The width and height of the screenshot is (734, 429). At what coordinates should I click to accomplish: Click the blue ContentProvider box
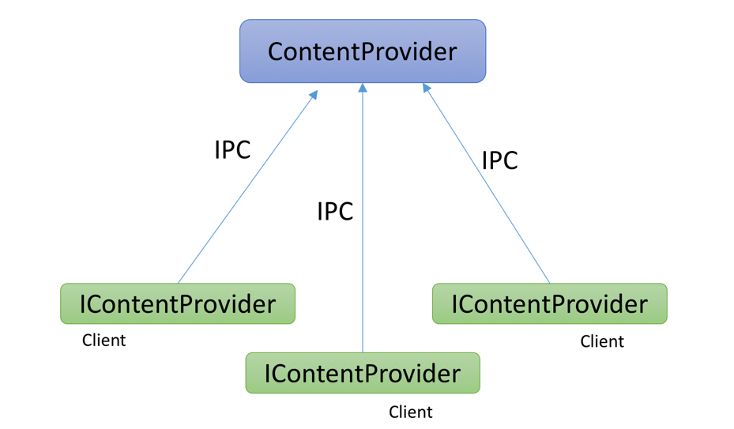tap(363, 51)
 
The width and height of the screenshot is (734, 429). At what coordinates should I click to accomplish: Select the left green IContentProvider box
tap(178, 303)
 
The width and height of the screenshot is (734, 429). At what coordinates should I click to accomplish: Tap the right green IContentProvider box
tap(550, 303)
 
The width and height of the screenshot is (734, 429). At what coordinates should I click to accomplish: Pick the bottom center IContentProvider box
tap(363, 373)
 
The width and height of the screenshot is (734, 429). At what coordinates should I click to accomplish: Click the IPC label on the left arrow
tap(232, 150)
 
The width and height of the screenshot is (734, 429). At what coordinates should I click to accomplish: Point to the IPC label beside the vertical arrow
tap(335, 211)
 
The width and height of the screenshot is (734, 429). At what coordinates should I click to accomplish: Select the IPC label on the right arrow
tap(500, 160)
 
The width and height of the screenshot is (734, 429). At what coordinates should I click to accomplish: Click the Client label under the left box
tap(104, 340)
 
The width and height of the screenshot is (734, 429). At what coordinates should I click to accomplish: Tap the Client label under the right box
tap(602, 341)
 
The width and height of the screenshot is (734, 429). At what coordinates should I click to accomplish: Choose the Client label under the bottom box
tap(411, 412)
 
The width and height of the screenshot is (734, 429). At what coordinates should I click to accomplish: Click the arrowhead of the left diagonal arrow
tap(314, 94)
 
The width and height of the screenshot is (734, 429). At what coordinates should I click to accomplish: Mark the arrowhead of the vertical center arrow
tap(363, 88)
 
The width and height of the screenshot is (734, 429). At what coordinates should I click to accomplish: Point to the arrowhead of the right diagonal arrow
tap(426, 88)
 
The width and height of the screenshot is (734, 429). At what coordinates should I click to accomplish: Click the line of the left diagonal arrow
tap(248, 186)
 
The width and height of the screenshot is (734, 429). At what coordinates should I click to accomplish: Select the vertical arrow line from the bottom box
tap(363, 218)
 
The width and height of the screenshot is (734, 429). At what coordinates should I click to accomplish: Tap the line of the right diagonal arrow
tap(487, 183)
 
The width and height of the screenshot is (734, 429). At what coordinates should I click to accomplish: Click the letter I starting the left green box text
tap(82, 304)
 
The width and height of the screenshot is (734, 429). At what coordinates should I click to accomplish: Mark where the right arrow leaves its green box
tap(550, 284)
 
